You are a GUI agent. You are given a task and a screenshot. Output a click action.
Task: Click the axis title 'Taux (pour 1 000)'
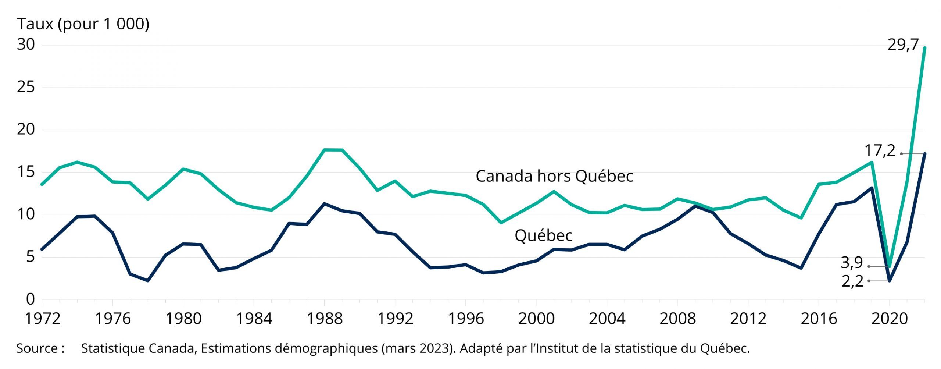tap(83, 24)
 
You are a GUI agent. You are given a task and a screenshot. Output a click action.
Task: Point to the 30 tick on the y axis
tap(26, 45)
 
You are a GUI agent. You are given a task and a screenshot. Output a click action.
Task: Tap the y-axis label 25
tap(26, 87)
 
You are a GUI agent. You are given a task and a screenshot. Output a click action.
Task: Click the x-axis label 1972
tap(42, 318)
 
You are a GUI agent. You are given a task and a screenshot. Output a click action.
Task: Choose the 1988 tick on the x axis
tap(325, 318)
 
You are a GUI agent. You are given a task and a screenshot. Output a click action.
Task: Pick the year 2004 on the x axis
tap(607, 318)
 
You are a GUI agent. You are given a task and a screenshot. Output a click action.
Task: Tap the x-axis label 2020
tap(889, 318)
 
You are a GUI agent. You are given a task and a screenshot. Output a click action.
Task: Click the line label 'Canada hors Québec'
tap(554, 176)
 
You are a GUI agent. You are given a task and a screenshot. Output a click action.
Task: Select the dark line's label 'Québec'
tap(543, 235)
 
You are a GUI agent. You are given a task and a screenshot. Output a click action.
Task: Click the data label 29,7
tap(903, 45)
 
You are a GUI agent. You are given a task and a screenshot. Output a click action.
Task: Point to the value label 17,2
tap(880, 151)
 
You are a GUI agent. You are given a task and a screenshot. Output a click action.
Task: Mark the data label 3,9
tap(852, 263)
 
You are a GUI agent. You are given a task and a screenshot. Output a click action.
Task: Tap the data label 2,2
tap(852, 281)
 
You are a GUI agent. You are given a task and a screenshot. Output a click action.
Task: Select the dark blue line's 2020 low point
tap(890, 281)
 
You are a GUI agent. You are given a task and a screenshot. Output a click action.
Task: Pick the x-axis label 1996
tap(466, 318)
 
